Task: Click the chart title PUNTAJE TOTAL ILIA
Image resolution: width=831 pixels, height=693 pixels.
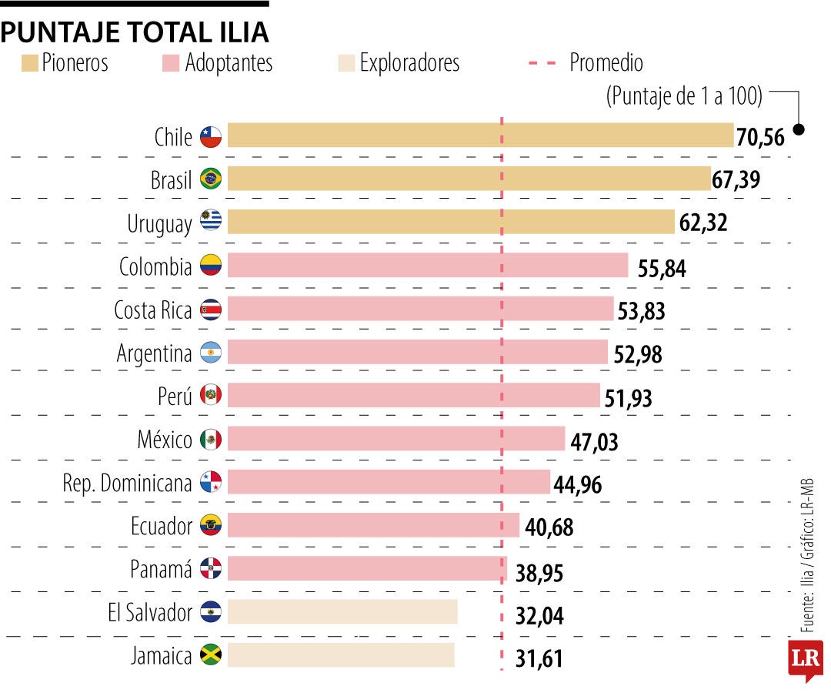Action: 135,32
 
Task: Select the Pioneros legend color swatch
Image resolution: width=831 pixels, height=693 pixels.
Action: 30,63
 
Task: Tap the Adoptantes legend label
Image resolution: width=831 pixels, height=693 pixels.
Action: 229,63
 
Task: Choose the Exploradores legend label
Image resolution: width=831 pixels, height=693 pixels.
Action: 409,63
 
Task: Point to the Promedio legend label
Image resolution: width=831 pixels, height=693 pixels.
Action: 606,63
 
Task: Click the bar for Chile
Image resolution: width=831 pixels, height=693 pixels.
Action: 480,136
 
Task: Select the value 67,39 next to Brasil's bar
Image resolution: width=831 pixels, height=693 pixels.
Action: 736,180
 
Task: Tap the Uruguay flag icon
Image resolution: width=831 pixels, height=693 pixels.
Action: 211,223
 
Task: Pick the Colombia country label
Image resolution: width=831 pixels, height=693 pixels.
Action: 155,266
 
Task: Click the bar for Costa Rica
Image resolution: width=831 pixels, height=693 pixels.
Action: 420,309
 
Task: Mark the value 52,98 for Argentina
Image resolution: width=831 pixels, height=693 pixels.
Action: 638,354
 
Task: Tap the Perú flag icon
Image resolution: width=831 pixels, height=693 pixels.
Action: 211,396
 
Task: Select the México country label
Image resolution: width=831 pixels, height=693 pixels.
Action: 165,440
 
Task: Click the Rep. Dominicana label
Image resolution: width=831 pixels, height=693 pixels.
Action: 127,484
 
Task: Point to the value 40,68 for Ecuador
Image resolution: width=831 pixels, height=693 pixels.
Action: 549,528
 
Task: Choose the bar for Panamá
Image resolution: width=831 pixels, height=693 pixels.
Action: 367,569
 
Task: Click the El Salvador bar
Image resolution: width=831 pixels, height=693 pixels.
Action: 342,612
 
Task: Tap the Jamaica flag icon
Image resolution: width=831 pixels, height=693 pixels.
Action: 211,655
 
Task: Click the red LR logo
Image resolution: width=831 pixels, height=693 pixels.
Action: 806,659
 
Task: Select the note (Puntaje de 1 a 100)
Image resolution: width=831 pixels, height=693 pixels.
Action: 684,96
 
